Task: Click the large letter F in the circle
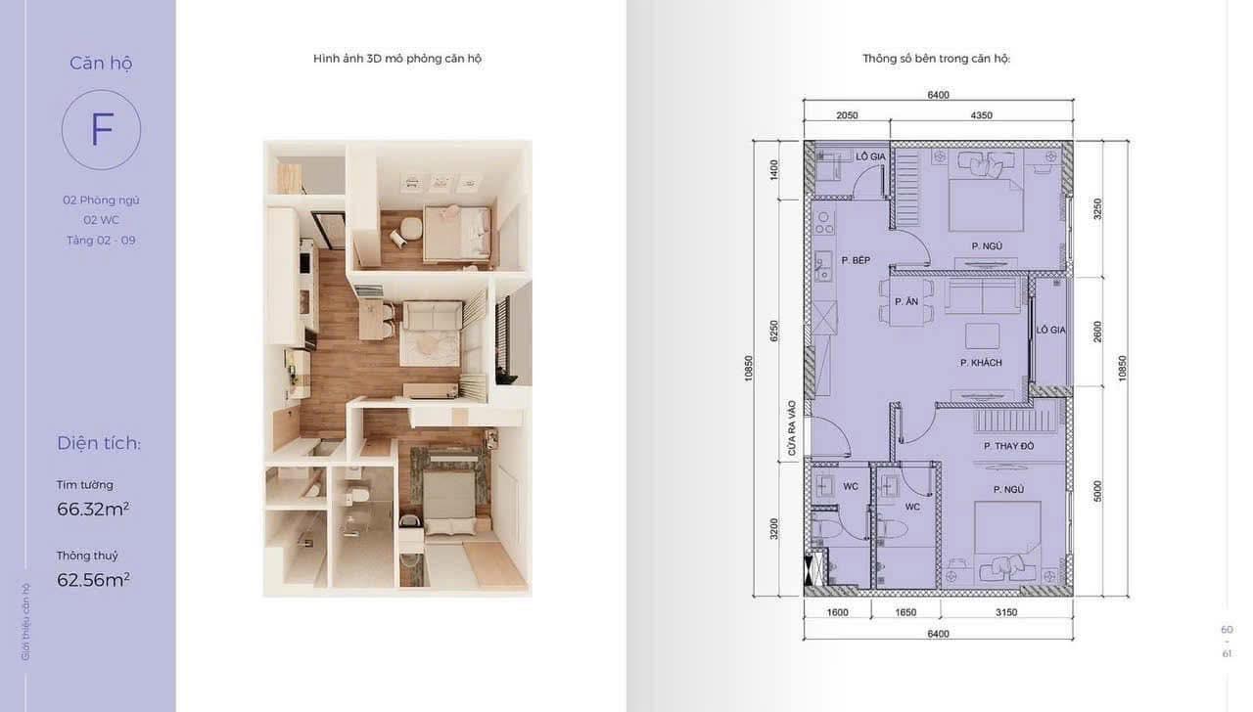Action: pyautogui.click(x=102, y=129)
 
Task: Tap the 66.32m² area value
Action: pyautogui.click(x=93, y=509)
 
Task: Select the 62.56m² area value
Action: pyautogui.click(x=93, y=580)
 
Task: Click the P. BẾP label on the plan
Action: pyautogui.click(x=856, y=260)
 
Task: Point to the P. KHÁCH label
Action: pyautogui.click(x=981, y=363)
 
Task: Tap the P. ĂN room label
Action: pyautogui.click(x=906, y=301)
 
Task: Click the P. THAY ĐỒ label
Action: pyautogui.click(x=1008, y=445)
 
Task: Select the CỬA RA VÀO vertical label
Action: pyautogui.click(x=792, y=428)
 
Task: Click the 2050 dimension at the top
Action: pyautogui.click(x=847, y=115)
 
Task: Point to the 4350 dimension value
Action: pyautogui.click(x=981, y=115)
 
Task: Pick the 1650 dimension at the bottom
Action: pyautogui.click(x=905, y=612)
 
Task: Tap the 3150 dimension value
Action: pyautogui.click(x=1005, y=612)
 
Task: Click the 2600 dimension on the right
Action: pyautogui.click(x=1097, y=332)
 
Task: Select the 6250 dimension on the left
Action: pyautogui.click(x=773, y=331)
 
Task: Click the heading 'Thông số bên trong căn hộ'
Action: pyautogui.click(x=937, y=59)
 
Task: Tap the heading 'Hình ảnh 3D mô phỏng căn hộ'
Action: pyautogui.click(x=397, y=59)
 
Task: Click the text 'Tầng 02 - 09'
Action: pyautogui.click(x=101, y=241)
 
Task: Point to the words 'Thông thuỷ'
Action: pyautogui.click(x=87, y=556)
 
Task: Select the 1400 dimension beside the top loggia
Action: pyautogui.click(x=773, y=170)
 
